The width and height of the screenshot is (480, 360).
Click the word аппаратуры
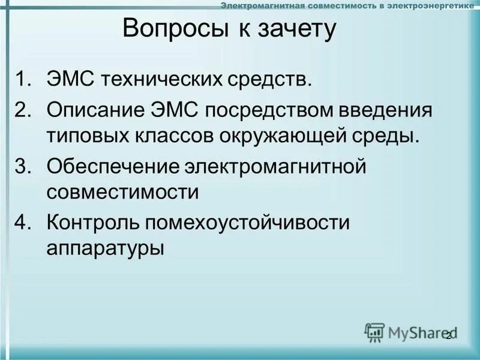[105, 247]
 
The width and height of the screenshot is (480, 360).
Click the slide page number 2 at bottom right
[448, 335]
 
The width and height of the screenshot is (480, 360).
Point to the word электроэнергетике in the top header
[433, 5]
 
